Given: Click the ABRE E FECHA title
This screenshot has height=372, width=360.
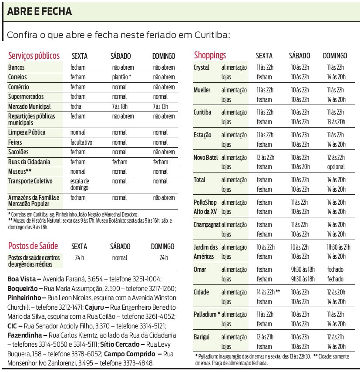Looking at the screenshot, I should pyautogui.click(x=40, y=11).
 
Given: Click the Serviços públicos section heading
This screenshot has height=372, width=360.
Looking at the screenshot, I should pyautogui.click(x=34, y=56).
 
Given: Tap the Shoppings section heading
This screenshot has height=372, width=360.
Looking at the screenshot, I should pyautogui.click(x=210, y=55).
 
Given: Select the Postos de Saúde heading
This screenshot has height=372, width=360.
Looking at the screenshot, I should pyautogui.click(x=33, y=246).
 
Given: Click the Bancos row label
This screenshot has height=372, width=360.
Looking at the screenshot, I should pyautogui.click(x=17, y=68).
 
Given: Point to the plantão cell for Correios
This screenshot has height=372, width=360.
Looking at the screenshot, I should pyautogui.click(x=121, y=77).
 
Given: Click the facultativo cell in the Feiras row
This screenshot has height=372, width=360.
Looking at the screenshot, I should pyautogui.click(x=81, y=142).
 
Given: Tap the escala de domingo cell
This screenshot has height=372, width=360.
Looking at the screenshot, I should pyautogui.click(x=80, y=184).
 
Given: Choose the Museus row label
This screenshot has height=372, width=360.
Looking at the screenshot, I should pyautogui.click(x=20, y=171).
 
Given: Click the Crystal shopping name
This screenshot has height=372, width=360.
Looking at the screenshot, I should pyautogui.click(x=202, y=68).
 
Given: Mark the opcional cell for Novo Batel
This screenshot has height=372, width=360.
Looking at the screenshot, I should pyautogui.click(x=336, y=166).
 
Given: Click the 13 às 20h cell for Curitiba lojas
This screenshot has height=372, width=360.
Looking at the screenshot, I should pyautogui.click(x=336, y=122).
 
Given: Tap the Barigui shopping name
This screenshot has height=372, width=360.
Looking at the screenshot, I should pyautogui.click(x=202, y=337).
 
